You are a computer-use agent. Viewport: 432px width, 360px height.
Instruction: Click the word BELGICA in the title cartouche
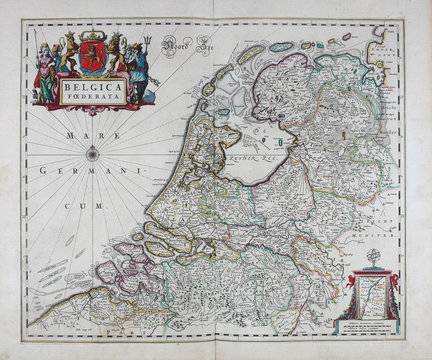[93, 87]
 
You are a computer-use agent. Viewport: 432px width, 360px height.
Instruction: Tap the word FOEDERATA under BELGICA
[93, 98]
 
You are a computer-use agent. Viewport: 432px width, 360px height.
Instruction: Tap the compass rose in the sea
[92, 153]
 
